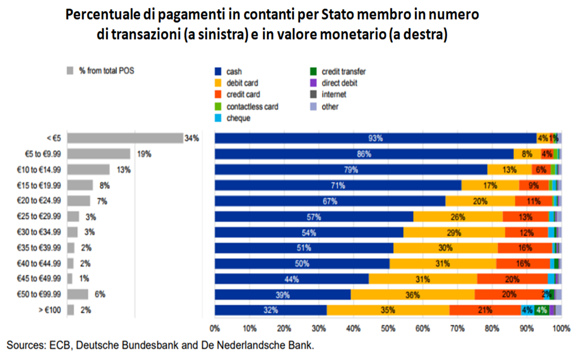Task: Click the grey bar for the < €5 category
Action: coord(125,138)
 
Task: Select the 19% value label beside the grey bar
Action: coord(144,154)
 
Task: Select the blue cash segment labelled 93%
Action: coord(375,139)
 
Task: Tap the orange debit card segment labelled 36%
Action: coord(412,295)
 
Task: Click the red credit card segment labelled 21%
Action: coord(485,310)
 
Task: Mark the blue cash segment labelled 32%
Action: coord(271,310)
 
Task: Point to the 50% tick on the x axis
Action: coord(388,329)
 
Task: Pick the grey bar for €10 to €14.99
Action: coord(88,169)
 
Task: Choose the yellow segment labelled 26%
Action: coord(457,217)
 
